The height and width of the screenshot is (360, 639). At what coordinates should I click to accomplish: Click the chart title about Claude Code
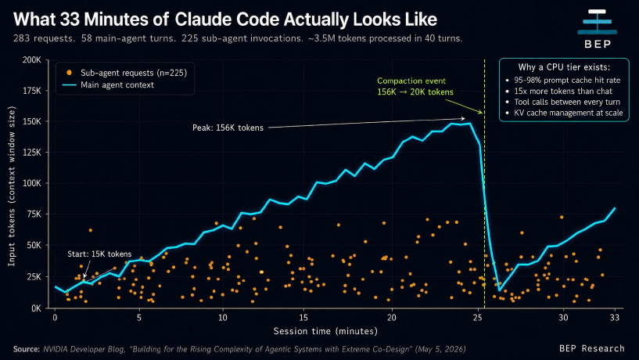pos(225,19)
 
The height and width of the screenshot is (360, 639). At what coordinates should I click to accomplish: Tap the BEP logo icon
pos(598,22)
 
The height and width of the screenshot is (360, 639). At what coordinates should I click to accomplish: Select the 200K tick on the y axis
pos(32,60)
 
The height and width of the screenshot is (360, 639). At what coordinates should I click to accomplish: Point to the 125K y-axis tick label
pos(32,153)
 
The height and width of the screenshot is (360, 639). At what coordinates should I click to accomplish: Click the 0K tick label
pos(36,308)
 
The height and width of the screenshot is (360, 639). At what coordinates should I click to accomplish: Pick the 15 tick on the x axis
pos(303,318)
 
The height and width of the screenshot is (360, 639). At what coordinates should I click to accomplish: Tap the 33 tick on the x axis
pos(615,318)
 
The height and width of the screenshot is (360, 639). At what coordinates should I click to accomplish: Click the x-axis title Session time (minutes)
pos(325,331)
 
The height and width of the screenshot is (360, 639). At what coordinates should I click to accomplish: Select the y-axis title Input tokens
pos(12,186)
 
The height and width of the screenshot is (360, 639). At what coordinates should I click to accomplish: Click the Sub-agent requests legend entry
pos(127,73)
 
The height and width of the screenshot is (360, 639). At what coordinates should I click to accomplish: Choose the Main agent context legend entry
pos(109,85)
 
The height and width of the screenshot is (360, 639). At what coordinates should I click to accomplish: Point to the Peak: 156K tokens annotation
pos(228,128)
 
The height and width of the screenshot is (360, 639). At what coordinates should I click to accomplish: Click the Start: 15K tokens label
pos(99,254)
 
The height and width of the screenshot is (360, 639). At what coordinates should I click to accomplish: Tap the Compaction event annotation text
pos(415,86)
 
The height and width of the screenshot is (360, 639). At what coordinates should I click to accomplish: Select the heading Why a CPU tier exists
pos(564,67)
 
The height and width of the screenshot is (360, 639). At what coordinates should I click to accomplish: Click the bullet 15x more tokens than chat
pos(563,92)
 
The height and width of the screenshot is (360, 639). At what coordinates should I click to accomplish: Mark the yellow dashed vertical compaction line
pos(485,183)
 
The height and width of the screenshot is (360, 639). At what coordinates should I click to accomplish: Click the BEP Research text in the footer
pos(592,348)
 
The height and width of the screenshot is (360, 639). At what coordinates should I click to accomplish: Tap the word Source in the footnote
pos(27,349)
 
